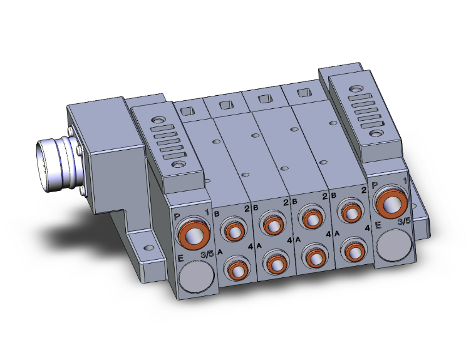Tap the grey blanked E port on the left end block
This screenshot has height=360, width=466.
197,276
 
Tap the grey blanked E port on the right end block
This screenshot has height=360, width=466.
395,245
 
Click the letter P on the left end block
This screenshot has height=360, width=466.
177,217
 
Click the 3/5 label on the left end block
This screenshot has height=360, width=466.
207,254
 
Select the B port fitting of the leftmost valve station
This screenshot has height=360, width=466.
233,230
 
